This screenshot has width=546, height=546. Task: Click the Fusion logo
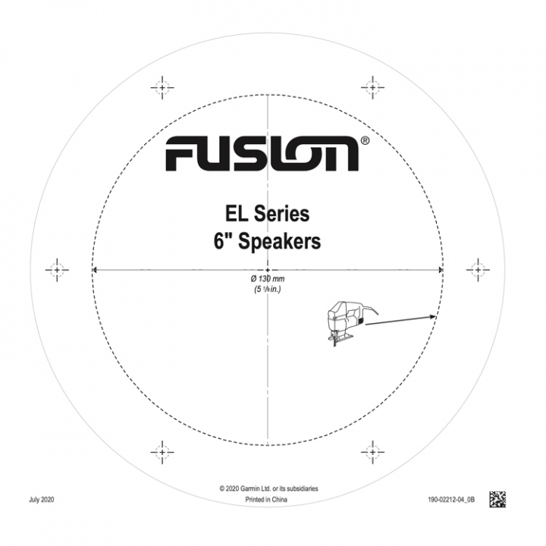pyautogui.click(x=262, y=154)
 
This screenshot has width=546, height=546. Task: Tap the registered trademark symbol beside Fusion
pyautogui.click(x=365, y=141)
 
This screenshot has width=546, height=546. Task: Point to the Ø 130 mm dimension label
pyautogui.click(x=268, y=280)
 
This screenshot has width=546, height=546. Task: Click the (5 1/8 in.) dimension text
pyautogui.click(x=268, y=290)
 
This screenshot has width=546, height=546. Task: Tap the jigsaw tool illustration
pyautogui.click(x=345, y=322)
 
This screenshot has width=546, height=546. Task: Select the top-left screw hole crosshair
pyautogui.click(x=162, y=87)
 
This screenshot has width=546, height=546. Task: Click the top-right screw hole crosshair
pyautogui.click(x=372, y=87)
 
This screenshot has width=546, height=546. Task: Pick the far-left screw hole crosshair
pyautogui.click(x=57, y=269)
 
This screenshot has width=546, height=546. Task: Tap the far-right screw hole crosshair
pyautogui.click(x=478, y=269)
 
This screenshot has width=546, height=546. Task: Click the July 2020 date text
pyautogui.click(x=42, y=500)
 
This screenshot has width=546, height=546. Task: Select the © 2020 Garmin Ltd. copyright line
pyautogui.click(x=268, y=489)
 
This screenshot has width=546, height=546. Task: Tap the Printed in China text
pyautogui.click(x=268, y=501)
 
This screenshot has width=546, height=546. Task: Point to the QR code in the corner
pyautogui.click(x=497, y=499)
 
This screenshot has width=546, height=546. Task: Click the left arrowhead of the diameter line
pyautogui.click(x=95, y=269)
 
